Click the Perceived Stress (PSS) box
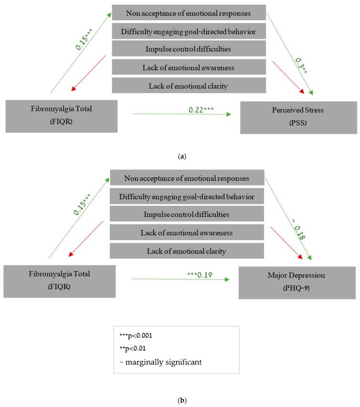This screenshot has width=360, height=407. (x=298, y=118)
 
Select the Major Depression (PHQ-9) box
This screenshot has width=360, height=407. (x=297, y=283)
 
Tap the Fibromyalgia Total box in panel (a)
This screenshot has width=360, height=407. (x=62, y=116)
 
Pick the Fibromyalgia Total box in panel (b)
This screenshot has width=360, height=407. (x=59, y=281)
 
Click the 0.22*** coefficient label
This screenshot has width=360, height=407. (x=201, y=110)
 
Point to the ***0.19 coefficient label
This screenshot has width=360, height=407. (x=200, y=275)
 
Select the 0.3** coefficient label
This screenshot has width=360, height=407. (x=301, y=65)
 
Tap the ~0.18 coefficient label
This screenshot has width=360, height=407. (x=298, y=229)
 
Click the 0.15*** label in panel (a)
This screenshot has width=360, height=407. (x=84, y=39)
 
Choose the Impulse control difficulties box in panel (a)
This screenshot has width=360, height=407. (x=189, y=49)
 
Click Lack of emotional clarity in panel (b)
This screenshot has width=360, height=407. (x=187, y=251)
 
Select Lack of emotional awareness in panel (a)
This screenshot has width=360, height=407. (x=189, y=67)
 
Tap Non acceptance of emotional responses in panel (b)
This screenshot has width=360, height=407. (x=187, y=178)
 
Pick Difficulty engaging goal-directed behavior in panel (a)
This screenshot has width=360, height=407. (x=189, y=31)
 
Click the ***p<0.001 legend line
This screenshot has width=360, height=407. (x=136, y=335)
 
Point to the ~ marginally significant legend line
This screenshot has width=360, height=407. (x=160, y=362)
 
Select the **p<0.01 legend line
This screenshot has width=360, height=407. (x=133, y=348)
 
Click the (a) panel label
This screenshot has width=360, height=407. (x=182, y=156)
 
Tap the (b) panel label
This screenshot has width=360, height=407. (x=182, y=400)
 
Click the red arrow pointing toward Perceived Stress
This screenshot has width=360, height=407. (x=288, y=77)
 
